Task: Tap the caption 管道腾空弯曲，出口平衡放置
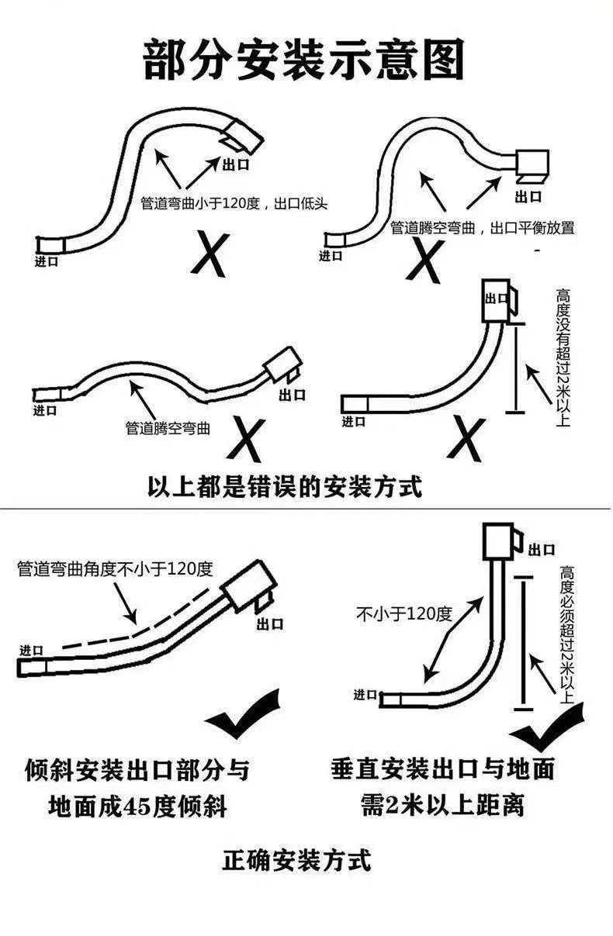(482, 229)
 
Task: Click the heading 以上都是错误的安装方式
(285, 487)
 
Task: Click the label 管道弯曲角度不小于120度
(115, 568)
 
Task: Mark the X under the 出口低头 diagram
(210, 252)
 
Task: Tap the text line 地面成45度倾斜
(137, 806)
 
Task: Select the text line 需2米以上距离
(442, 804)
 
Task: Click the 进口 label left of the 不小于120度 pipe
(365, 693)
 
